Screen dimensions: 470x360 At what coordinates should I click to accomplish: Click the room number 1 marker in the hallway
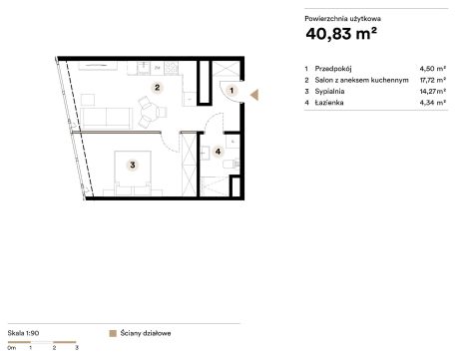tap(232, 90)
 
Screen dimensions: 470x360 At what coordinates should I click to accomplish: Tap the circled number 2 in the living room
tap(157, 88)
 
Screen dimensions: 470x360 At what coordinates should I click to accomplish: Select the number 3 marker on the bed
tap(133, 165)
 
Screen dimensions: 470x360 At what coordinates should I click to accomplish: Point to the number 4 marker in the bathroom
tap(218, 152)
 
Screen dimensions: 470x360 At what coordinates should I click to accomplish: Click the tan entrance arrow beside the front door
tap(254, 95)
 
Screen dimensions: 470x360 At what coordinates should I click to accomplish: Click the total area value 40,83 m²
tap(341, 34)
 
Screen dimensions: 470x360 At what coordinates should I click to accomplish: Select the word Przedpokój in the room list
tap(333, 69)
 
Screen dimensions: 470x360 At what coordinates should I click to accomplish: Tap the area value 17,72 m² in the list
tap(432, 80)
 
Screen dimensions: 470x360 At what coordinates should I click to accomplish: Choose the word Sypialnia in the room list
tap(329, 92)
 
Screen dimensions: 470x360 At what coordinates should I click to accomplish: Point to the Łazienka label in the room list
tap(329, 103)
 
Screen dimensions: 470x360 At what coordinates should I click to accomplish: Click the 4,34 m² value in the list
tap(432, 103)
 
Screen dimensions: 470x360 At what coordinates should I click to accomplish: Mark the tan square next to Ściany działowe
tap(113, 333)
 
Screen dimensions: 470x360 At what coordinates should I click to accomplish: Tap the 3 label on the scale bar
tap(77, 348)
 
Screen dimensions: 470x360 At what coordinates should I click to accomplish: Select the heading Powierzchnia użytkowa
tap(342, 19)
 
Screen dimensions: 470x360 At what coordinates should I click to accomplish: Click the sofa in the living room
tap(106, 118)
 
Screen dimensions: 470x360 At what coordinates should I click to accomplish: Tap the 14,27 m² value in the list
tap(432, 91)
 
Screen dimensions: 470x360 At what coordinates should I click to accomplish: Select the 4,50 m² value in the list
tap(432, 69)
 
